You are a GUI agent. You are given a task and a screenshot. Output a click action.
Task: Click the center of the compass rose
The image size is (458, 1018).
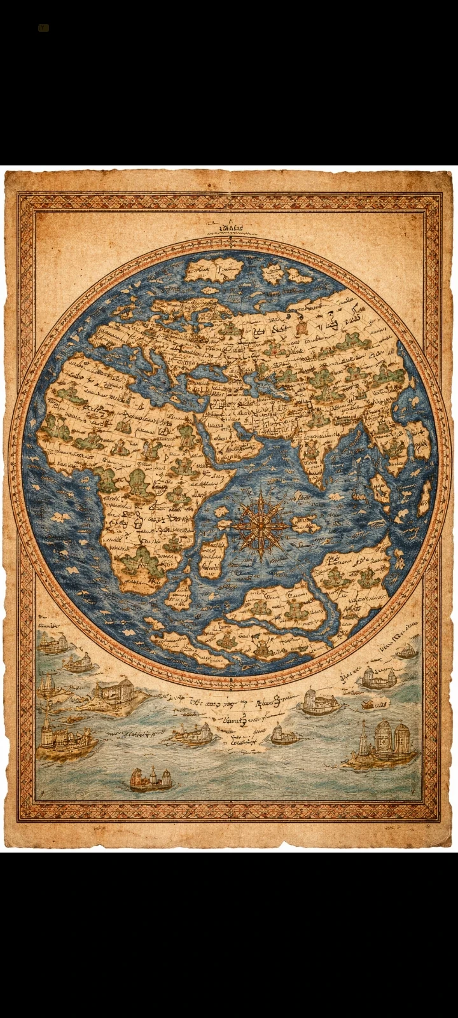coord(259,526)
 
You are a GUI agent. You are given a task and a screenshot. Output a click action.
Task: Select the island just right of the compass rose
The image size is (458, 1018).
coord(305,524)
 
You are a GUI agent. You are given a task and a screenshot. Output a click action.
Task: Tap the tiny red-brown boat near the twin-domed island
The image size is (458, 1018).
coord(368,705)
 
